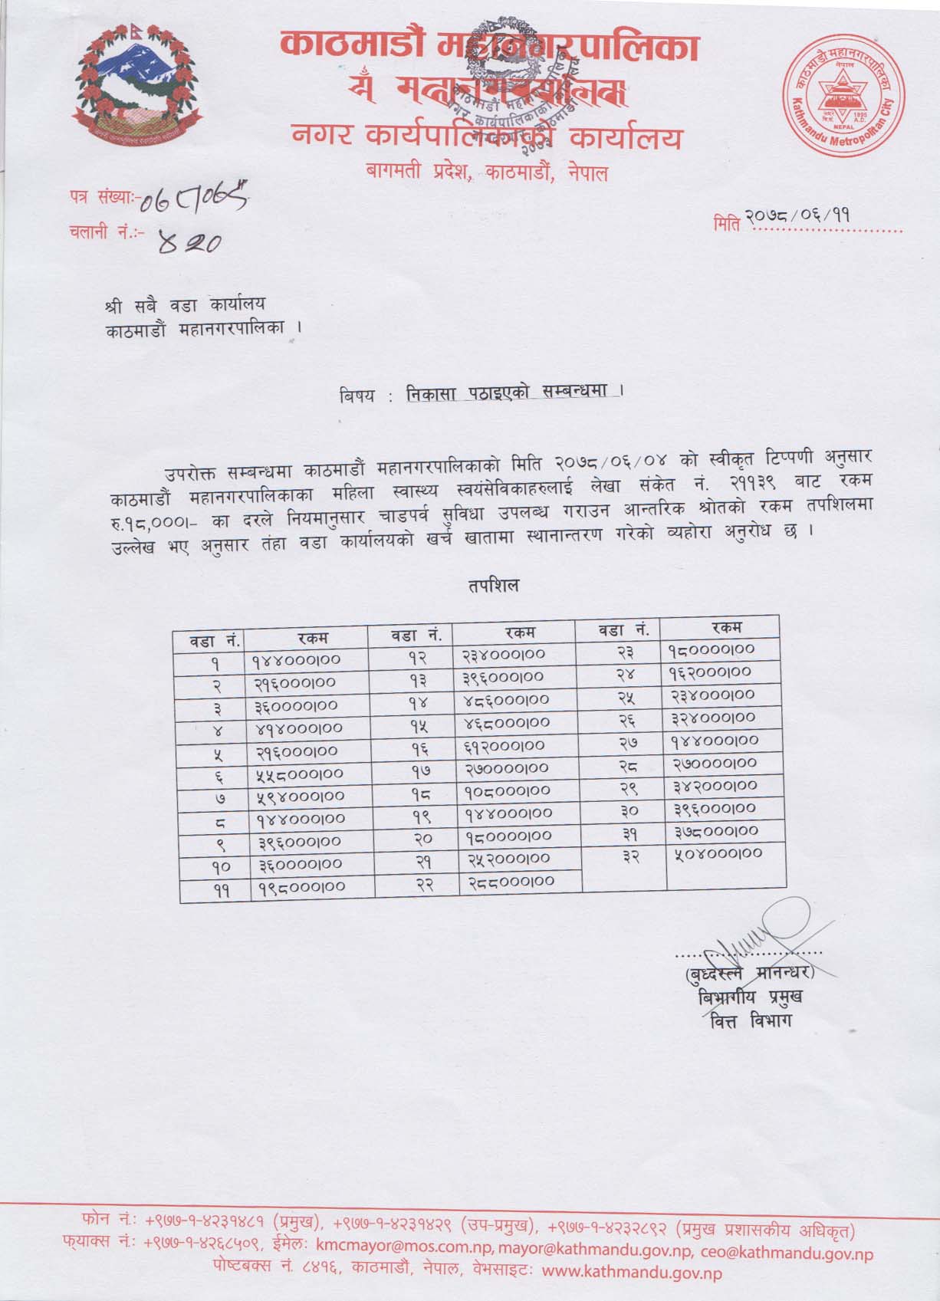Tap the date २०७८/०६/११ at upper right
[x=813, y=220]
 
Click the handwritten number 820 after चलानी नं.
[x=189, y=242]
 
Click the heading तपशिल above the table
[x=493, y=585]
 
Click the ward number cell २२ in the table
[x=415, y=883]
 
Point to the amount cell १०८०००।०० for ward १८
[x=506, y=790]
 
